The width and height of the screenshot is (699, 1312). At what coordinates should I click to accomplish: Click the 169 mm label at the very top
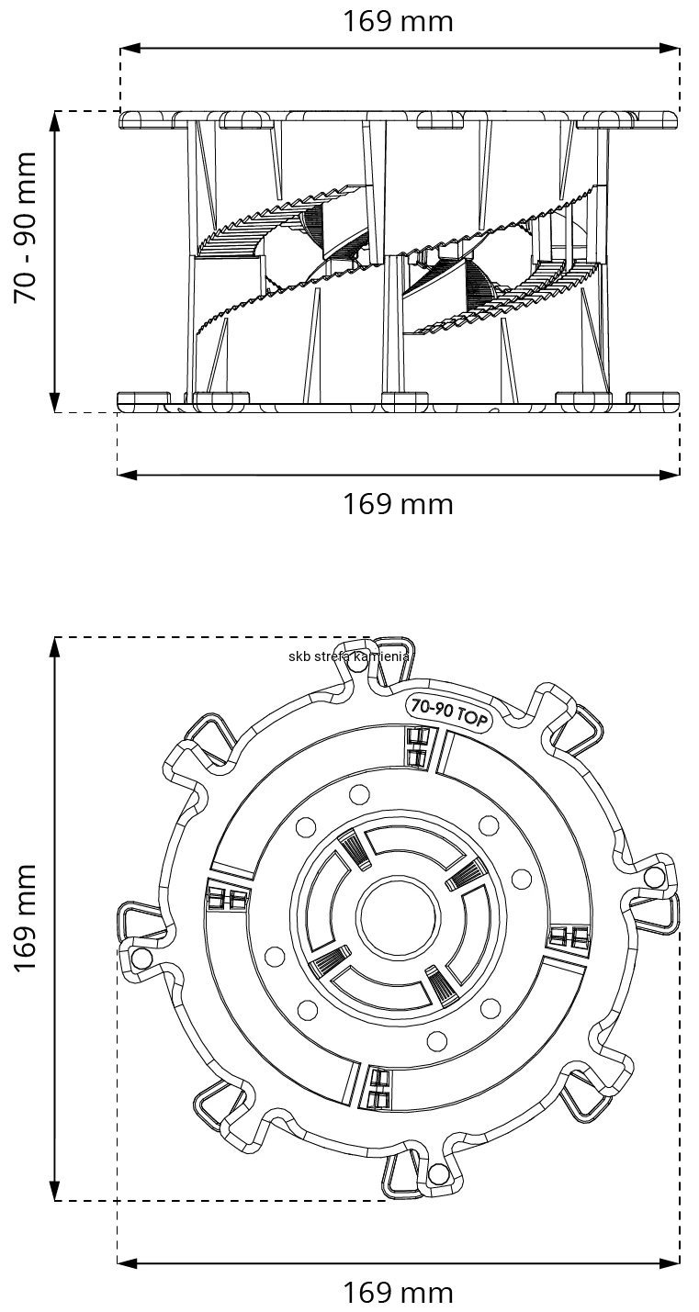click(x=398, y=21)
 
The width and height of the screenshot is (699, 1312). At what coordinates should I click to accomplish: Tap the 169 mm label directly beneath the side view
click(x=398, y=504)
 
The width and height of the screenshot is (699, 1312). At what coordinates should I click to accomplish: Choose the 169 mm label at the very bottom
click(x=398, y=1294)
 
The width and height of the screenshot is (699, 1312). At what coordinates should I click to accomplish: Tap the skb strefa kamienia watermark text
click(x=349, y=656)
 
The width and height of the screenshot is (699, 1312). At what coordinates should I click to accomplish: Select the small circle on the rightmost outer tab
click(x=653, y=877)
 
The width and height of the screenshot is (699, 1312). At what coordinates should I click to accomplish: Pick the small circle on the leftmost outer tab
click(x=141, y=959)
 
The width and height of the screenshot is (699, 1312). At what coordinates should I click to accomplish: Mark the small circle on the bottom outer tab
click(x=438, y=1173)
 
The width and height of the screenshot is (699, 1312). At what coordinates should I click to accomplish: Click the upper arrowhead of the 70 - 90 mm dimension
click(x=55, y=118)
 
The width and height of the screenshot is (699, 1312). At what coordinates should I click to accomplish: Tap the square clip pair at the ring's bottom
click(x=379, y=1088)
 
